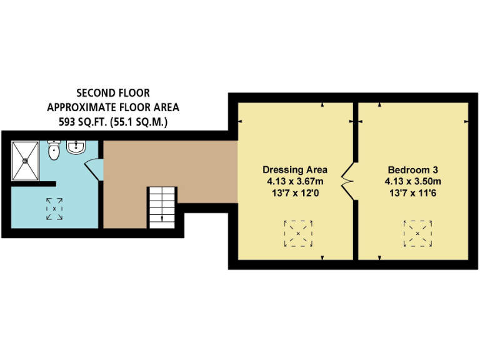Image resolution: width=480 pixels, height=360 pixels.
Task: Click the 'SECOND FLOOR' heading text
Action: point(112,94)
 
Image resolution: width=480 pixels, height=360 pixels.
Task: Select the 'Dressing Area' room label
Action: point(295,170)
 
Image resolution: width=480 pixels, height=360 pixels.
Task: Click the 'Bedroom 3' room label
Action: point(413,170)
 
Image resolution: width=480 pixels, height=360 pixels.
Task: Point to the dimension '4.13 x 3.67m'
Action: point(295,181)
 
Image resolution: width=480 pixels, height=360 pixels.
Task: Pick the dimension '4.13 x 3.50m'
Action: point(413,181)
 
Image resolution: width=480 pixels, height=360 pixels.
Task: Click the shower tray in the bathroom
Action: point(27,159)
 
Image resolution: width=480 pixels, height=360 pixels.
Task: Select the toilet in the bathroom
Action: point(54,150)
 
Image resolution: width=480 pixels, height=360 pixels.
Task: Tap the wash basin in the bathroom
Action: point(76,148)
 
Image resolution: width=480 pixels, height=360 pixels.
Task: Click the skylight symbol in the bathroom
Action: point(54,208)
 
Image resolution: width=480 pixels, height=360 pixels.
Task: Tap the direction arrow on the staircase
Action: point(162,217)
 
